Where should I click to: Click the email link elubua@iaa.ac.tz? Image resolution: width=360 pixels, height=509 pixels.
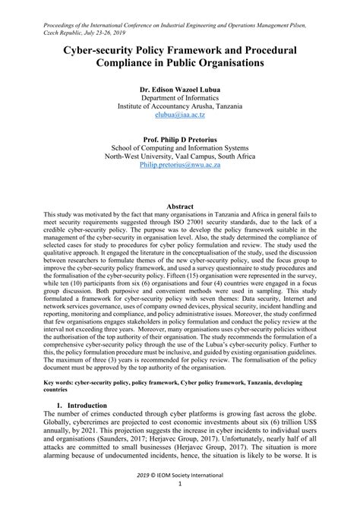180,115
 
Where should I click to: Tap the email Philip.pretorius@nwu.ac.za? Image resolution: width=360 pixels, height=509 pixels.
180,163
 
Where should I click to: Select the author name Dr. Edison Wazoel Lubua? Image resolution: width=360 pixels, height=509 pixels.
180,88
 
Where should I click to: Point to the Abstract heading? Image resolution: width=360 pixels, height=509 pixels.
180,206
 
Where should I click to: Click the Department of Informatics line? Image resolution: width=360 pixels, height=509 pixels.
180,97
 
